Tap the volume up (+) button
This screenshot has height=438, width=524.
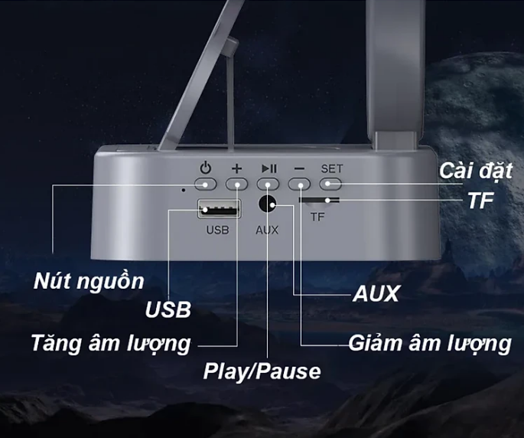click(237, 184)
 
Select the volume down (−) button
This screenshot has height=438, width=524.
click(300, 184)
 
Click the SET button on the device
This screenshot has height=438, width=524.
click(330, 184)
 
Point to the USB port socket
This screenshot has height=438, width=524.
click(218, 208)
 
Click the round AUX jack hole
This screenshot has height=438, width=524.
click(268, 205)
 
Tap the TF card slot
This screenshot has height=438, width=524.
click(320, 201)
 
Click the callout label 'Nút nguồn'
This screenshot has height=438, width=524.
click(89, 281)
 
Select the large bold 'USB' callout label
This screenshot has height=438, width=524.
click(168, 310)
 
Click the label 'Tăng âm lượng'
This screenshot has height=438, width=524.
click(111, 342)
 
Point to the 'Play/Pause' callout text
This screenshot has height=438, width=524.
click(262, 372)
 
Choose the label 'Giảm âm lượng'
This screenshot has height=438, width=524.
click(429, 343)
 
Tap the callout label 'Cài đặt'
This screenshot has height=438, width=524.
click(476, 170)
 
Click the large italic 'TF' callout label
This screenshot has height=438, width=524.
click(481, 201)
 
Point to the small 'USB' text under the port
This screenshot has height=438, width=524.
click(217, 229)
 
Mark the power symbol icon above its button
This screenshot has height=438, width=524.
click(205, 168)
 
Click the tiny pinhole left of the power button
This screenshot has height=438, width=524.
click(184, 188)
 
